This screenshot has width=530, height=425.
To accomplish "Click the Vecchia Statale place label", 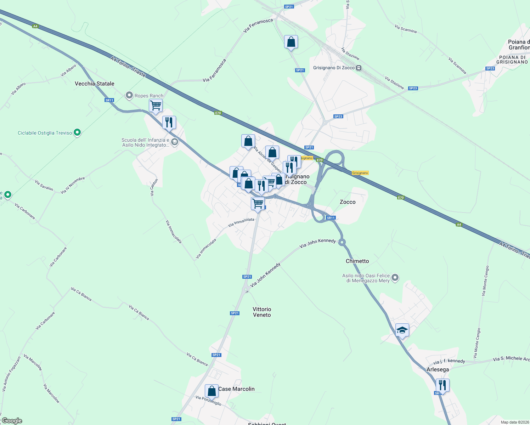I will tap(94, 84).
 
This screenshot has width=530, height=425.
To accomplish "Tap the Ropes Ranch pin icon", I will tap(129, 96).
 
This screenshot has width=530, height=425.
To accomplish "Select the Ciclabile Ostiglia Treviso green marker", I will tap(78, 133).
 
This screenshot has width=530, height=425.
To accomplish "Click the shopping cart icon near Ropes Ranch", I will tap(156, 105).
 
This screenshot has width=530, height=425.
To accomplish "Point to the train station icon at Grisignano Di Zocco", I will tap(359, 68).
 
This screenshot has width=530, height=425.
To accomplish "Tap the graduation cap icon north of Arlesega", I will tap(402, 330).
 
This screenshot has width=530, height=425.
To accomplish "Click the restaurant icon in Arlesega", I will tap(442, 385).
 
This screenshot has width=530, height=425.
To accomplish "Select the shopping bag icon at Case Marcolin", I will tap(212, 391).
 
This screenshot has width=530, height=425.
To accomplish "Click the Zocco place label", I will tap(348, 202).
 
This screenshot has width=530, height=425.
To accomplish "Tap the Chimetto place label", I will tap(357, 261).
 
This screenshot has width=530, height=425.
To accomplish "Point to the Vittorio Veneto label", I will tap(262, 312).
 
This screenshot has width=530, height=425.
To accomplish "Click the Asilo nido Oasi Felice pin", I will tap(395, 278).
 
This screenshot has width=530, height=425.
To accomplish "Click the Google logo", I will tap(12, 421).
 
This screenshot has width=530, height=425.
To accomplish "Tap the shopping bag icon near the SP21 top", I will tap(291, 42).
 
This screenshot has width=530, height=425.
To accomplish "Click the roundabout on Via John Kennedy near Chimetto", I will tap(342, 242).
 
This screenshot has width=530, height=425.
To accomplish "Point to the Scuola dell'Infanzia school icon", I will tap(174, 142).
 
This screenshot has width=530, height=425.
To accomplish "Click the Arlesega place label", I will tap(438, 369).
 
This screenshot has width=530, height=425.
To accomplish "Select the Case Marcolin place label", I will tap(236, 389).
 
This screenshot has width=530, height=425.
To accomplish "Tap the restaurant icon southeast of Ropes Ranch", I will tap(169, 123).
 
